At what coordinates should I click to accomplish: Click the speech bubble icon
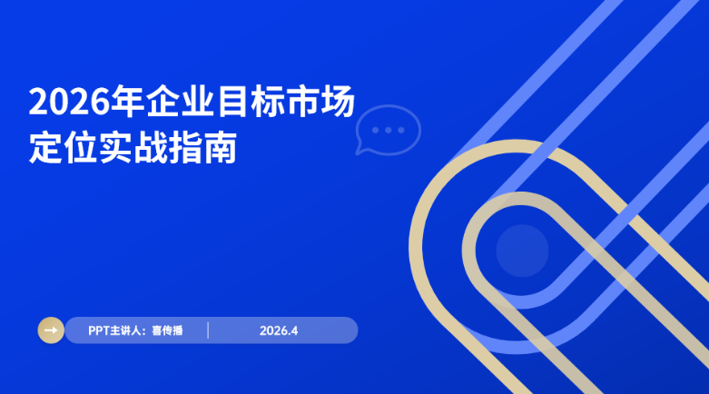(x=389, y=130)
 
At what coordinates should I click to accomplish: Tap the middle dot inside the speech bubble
(x=389, y=130)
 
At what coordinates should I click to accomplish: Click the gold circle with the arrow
(x=50, y=330)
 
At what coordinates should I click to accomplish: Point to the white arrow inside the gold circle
(x=50, y=330)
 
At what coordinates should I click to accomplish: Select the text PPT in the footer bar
(x=98, y=330)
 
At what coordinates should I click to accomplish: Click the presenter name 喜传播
(x=167, y=330)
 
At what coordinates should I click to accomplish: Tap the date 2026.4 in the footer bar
(x=278, y=330)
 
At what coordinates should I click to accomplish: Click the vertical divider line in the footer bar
(x=208, y=330)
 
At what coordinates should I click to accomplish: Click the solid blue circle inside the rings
(x=522, y=251)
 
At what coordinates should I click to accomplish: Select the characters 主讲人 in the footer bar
(x=126, y=330)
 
